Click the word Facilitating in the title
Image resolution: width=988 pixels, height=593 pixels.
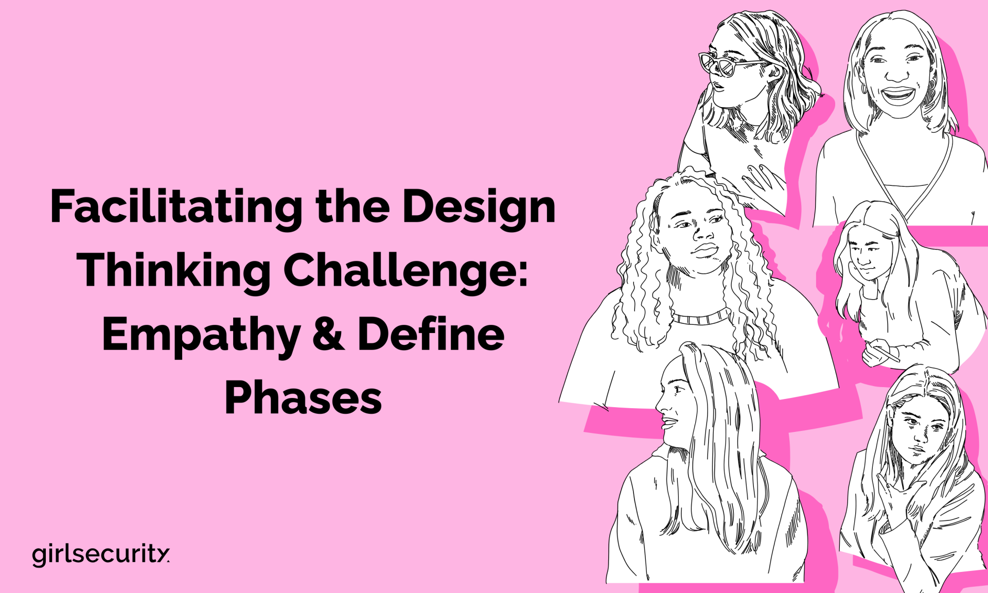point(177,208)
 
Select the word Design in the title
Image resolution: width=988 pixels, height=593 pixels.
point(479,208)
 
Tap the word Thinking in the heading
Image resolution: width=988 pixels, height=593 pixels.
point(174,271)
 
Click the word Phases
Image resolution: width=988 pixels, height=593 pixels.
point(303,398)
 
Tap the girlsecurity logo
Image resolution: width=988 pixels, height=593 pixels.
point(100,554)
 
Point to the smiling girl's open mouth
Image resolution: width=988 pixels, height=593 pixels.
point(897,96)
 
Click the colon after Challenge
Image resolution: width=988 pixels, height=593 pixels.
point(523,273)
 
